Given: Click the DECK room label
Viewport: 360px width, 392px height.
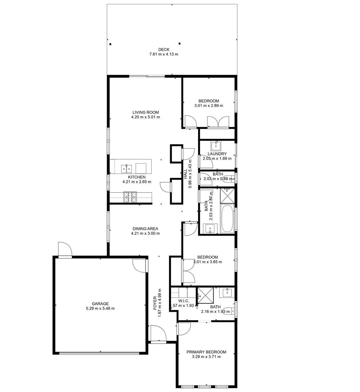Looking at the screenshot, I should (164, 50).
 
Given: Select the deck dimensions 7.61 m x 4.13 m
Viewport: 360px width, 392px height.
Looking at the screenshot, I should (164, 54).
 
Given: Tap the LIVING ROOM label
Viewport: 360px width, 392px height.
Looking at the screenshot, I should (146, 112).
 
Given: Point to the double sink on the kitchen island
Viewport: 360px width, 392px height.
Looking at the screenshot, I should (127, 168).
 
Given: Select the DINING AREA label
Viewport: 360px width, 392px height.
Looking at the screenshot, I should (145, 229).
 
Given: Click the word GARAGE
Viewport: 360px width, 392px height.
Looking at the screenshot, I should (100, 304).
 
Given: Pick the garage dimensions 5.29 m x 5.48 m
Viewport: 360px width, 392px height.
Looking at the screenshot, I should (100, 309).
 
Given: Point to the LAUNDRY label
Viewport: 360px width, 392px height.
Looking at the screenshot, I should (217, 154).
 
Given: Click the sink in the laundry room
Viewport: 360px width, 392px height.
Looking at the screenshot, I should (216, 146).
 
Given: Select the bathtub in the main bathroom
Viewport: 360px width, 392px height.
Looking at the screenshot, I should (227, 219).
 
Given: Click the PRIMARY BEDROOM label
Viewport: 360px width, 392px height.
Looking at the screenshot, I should (206, 352).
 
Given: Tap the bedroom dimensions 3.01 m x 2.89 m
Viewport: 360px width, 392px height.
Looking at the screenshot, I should (208, 106).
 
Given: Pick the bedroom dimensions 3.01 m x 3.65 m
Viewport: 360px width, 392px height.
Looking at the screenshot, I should (208, 262).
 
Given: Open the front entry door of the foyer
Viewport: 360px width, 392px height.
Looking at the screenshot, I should (158, 334).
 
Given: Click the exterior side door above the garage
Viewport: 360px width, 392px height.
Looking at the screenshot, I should (65, 250).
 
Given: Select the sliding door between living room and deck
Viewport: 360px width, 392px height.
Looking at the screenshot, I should (147, 76).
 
